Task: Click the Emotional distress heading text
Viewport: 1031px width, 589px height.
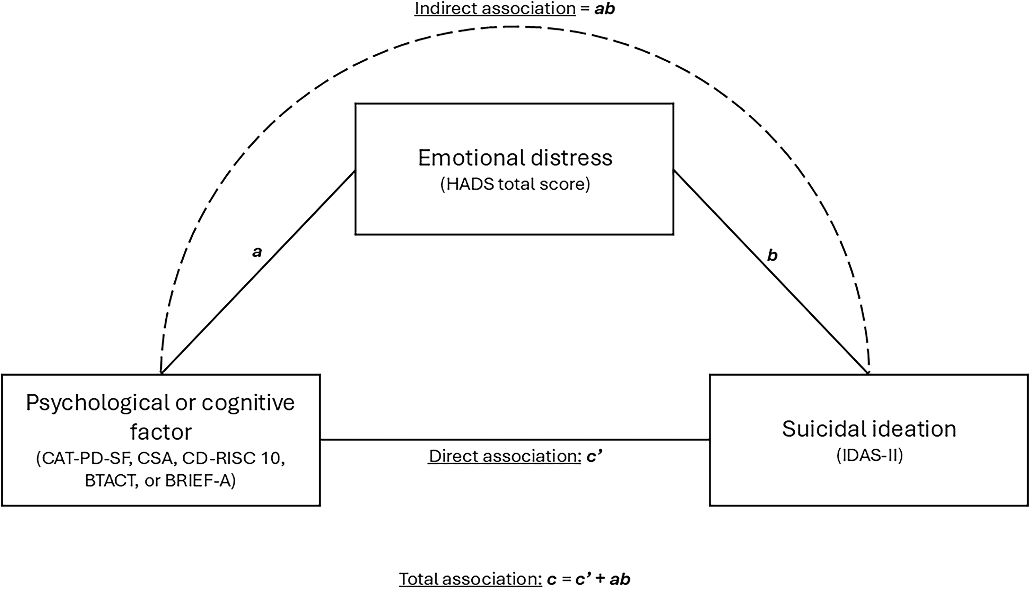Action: pyautogui.click(x=515, y=158)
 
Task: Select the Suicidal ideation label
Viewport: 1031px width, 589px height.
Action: pyautogui.click(x=869, y=429)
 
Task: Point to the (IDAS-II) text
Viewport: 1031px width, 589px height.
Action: pyautogui.click(x=869, y=456)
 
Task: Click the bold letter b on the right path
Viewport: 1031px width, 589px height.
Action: pyautogui.click(x=772, y=255)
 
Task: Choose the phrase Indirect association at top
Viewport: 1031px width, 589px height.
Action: pyautogui.click(x=495, y=9)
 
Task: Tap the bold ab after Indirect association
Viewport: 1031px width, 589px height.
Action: pyautogui.click(x=604, y=9)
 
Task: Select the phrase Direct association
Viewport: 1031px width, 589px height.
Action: pyautogui.click(x=505, y=456)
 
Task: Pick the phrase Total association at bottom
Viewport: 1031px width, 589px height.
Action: pyautogui.click(x=470, y=579)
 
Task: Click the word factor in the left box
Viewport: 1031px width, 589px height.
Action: pyautogui.click(x=161, y=432)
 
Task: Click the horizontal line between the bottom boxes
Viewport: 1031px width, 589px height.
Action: pyautogui.click(x=515, y=439)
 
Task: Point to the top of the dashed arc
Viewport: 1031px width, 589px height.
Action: pyautogui.click(x=512, y=27)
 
